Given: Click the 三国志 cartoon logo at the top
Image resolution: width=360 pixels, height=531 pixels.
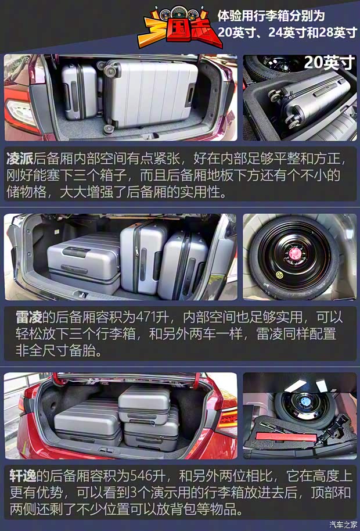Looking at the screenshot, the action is coord(179,27).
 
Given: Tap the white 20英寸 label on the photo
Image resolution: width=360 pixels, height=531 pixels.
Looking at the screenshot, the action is coord(329,62).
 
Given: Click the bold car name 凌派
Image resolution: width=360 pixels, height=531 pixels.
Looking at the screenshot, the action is coord(20,159).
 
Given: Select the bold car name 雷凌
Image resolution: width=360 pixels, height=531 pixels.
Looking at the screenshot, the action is coord(29,317).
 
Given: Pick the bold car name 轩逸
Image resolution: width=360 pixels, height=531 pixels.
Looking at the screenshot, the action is coord(23,476).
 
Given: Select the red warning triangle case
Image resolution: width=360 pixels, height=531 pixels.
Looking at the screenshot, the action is coord(286,436).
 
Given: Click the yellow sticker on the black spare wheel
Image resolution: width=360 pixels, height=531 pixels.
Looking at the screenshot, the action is coord(280,274).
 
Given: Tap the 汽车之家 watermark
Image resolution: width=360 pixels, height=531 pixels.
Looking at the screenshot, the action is coord(343,525).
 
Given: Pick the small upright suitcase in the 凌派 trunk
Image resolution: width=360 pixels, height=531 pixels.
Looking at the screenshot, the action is coord(80,91).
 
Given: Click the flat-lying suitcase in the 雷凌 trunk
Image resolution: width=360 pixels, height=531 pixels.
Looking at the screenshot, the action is coord(84,263).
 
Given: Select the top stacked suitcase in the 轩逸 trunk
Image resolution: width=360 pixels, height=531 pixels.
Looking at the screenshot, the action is coord(145,405).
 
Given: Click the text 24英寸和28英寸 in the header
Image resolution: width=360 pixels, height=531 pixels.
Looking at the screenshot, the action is coord(312,33).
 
